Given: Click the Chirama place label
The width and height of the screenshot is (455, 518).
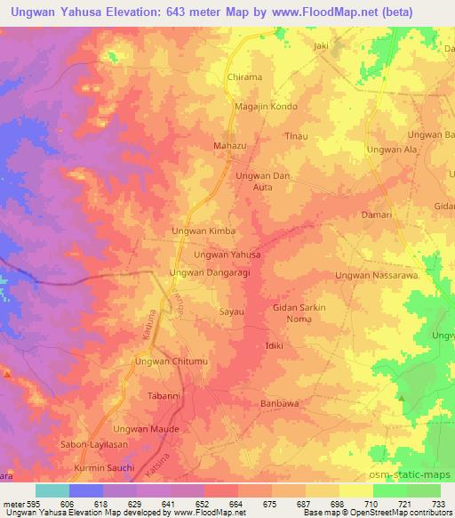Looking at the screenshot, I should (244, 77).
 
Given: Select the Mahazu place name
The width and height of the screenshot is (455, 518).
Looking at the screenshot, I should (228, 144).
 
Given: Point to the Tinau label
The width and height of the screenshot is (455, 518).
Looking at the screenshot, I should (295, 135).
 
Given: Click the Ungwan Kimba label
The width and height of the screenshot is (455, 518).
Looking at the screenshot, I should (203, 231).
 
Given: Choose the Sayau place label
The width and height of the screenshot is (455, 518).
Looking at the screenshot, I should (232, 312).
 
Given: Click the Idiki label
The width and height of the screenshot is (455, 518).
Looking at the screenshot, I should (274, 344).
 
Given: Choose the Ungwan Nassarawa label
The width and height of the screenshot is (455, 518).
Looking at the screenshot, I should (376, 276).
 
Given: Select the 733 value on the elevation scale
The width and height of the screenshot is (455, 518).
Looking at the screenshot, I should (438, 503).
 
